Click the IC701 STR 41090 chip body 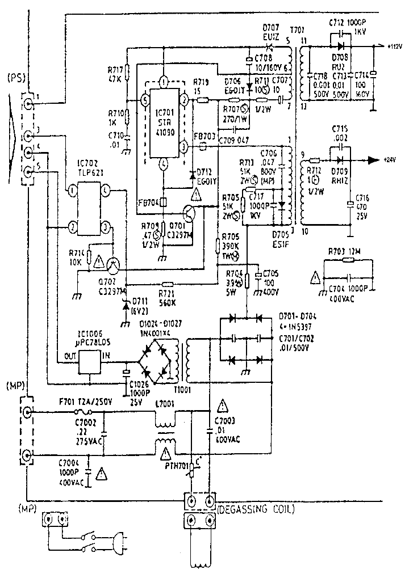click(x=164, y=121)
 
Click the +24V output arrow click(x=373, y=161)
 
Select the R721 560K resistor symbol click(x=167, y=284)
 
